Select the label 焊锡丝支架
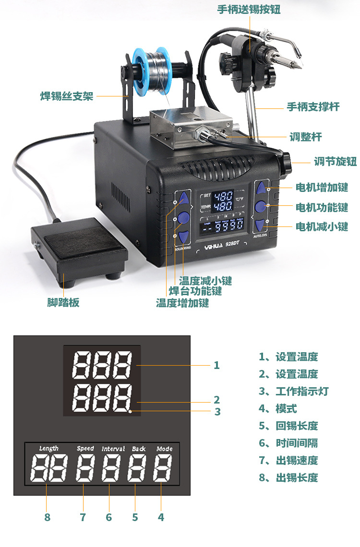[66, 96]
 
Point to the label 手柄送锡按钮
[249, 9]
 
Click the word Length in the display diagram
[49, 449]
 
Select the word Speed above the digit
[85, 449]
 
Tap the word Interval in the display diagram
[113, 449]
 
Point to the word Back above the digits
[139, 449]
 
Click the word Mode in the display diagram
[164, 449]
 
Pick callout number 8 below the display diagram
[47, 517]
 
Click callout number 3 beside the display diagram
[217, 411]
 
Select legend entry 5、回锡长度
[288, 426]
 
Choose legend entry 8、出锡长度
[288, 477]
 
